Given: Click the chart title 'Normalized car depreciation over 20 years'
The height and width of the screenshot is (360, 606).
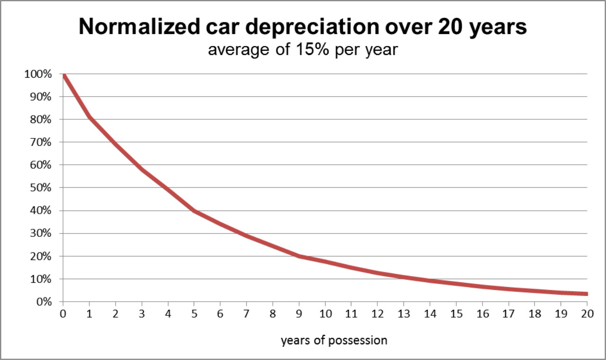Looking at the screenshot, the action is (303, 27).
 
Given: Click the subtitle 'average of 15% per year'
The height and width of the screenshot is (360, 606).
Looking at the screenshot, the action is (303, 50).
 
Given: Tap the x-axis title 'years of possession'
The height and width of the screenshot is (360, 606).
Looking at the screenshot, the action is (334, 341).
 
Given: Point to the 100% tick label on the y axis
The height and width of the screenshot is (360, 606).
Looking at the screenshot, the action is (38, 74).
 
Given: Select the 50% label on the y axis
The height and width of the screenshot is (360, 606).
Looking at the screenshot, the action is (41, 188).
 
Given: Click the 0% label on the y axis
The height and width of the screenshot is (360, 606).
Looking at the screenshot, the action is (44, 302).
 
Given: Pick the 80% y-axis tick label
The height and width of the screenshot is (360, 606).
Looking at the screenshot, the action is (41, 119).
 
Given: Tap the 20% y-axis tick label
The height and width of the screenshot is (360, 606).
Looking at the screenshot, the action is (41, 256).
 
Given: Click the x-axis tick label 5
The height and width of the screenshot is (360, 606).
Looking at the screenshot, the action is (194, 314).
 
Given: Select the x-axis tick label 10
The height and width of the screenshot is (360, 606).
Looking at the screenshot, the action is (325, 314).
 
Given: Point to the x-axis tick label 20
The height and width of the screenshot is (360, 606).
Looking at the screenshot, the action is (587, 314).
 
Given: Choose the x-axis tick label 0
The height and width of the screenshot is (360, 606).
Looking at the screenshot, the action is (63, 314).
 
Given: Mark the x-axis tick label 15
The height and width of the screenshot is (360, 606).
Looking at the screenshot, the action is (456, 314).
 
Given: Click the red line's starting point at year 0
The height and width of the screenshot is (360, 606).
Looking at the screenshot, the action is (63, 75).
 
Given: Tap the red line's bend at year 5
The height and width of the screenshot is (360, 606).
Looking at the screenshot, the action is (194, 211).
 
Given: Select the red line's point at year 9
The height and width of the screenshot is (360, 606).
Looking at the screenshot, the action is (299, 256).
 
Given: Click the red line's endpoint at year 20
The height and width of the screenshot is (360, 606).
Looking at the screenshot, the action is (587, 294).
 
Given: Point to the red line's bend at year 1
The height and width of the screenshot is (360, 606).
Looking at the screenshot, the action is (89, 117).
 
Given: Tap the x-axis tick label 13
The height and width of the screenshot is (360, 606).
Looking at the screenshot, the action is (404, 314).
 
